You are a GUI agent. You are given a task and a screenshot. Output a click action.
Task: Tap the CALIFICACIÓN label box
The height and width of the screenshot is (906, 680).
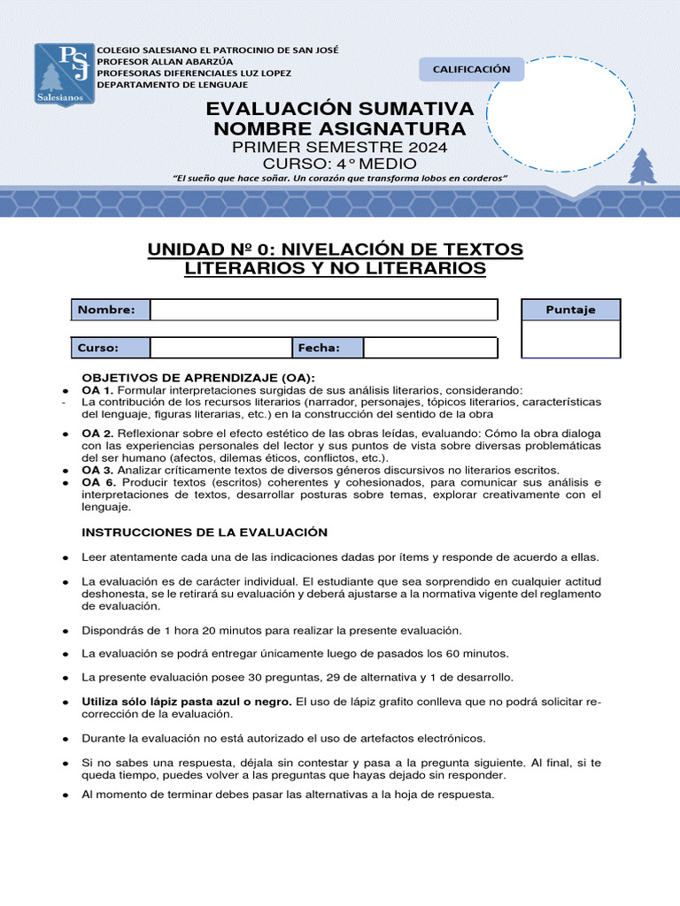click(x=471, y=69)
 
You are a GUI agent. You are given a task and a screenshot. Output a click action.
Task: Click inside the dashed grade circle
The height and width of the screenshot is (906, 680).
click(x=545, y=113)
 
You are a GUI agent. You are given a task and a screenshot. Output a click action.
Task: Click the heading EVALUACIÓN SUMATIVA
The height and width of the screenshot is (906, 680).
click(x=340, y=109)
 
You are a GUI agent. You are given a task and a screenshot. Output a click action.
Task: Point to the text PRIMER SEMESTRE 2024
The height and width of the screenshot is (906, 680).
click(x=340, y=147)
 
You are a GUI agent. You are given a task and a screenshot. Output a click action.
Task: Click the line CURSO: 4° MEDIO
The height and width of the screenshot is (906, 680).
click(x=340, y=164)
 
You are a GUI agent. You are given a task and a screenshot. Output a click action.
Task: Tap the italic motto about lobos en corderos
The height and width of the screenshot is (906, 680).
click(x=340, y=179)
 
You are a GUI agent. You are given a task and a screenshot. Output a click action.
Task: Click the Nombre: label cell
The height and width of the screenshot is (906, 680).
click(x=110, y=310)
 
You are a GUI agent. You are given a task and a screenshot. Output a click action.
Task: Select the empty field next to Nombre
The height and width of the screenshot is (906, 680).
click(x=323, y=310)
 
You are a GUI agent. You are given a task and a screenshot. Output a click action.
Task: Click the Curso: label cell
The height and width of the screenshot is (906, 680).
click(x=110, y=348)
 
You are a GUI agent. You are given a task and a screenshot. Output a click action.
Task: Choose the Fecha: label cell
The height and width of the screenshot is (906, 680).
click(x=327, y=348)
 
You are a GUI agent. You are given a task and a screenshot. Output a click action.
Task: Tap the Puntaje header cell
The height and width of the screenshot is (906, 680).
click(x=571, y=310)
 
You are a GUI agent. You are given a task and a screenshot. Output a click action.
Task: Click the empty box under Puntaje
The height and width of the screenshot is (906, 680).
click(x=571, y=339)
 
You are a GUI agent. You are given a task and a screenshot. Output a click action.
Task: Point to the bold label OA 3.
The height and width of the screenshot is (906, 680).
click(x=97, y=470)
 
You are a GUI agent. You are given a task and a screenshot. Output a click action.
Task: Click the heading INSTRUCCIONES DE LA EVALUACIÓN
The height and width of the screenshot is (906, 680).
click(x=205, y=532)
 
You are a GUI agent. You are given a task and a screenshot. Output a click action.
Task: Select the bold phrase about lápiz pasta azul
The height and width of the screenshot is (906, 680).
click(x=187, y=701)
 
